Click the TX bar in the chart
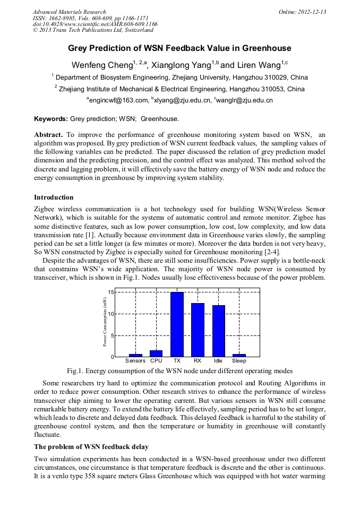(x=177, y=324)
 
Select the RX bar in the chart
(x=198, y=330)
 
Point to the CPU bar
(x=156, y=353)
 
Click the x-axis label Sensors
(x=135, y=361)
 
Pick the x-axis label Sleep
(x=239, y=361)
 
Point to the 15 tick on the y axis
(x=110, y=292)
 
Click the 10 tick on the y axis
(x=110, y=314)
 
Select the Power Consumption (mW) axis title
(x=105, y=322)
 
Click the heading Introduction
(x=54, y=197)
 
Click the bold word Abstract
(x=48, y=135)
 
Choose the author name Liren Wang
(x=257, y=65)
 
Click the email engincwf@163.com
(x=118, y=100)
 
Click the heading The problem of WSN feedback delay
(x=91, y=447)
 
